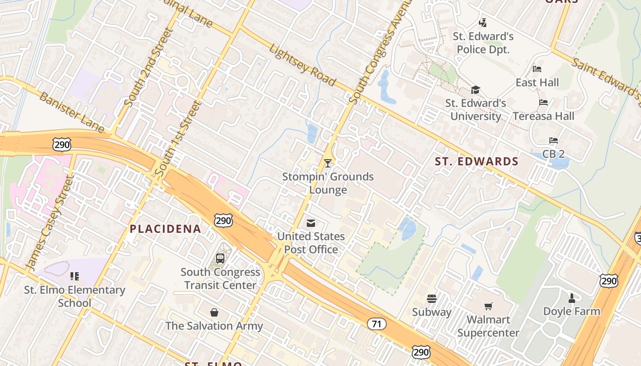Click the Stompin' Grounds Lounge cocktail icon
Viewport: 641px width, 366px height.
[x=327, y=163]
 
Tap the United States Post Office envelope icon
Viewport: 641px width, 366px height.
[x=311, y=223]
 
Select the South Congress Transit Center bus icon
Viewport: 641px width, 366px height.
[x=220, y=258]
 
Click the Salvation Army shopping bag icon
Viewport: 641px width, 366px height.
[x=214, y=312]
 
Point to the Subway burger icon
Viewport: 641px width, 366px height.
[x=431, y=299]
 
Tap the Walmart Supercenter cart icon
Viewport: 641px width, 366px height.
[x=488, y=306]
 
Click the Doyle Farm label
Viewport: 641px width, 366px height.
[x=571, y=312]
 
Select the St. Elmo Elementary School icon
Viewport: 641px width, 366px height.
[x=74, y=276]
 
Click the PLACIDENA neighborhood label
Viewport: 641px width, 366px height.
[x=165, y=229]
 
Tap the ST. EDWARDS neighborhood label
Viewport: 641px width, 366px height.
[x=476, y=161]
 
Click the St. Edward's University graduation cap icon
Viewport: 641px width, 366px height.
[x=475, y=90]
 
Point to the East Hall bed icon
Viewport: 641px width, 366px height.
[x=537, y=69]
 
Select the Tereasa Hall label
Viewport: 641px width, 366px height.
[x=543, y=116]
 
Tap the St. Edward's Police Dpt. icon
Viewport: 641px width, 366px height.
[x=483, y=22]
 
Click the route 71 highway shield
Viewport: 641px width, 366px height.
[x=376, y=324]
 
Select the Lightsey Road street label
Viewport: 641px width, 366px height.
[x=302, y=65]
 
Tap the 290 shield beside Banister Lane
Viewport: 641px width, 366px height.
[x=61, y=145]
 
